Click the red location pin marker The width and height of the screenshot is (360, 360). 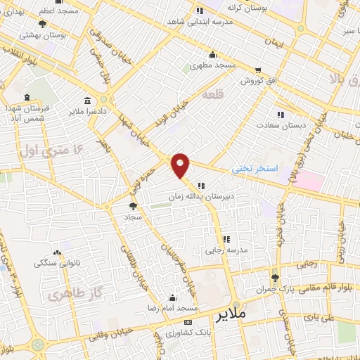click(x=181, y=165)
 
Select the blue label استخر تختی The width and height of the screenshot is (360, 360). click(x=257, y=169)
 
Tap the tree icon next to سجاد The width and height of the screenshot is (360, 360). click(x=133, y=206)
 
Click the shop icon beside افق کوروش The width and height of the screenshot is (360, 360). click(x=259, y=70)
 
